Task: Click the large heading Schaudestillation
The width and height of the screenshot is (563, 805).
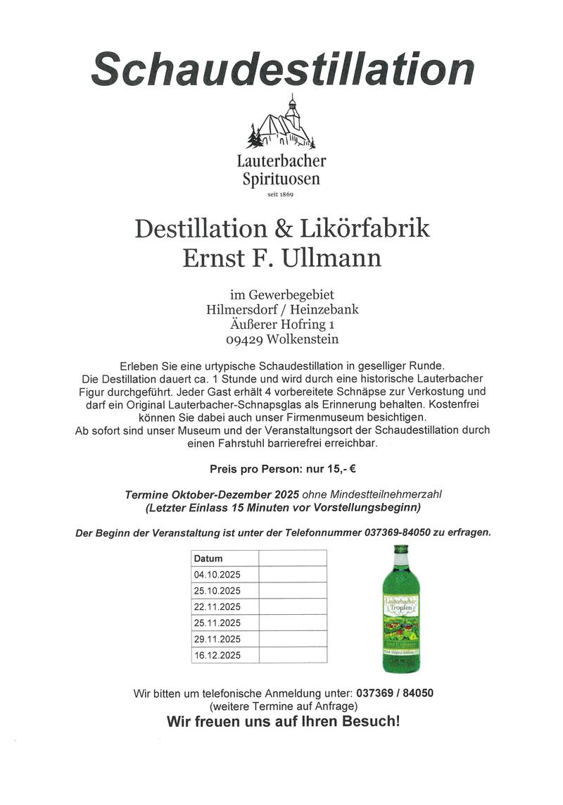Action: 282,69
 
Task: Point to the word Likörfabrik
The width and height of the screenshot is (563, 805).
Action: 367,229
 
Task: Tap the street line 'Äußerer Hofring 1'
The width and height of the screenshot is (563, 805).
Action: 281,324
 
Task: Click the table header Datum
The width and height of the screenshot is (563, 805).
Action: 208,558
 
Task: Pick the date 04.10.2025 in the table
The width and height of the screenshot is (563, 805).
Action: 217,575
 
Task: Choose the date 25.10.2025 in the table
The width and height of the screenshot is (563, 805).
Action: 217,591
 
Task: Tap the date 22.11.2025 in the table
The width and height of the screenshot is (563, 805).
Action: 217,607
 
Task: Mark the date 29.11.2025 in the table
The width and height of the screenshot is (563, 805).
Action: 217,639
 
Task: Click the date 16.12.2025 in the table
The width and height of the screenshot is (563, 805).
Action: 217,656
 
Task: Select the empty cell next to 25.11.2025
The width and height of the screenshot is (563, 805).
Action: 293,623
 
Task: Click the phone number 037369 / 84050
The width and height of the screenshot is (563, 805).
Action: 395,693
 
